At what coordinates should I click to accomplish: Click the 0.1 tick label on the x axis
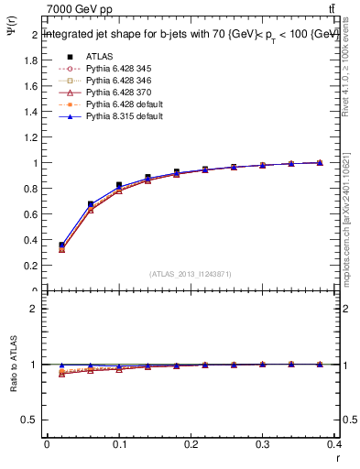(x=119, y=445)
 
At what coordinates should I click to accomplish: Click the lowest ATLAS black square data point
(x=61, y=245)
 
